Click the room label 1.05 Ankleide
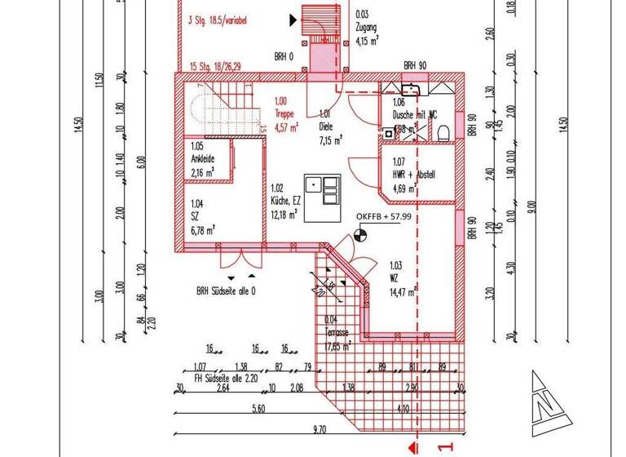point(203,154)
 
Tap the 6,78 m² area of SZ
point(202,231)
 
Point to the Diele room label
point(326,126)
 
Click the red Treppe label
point(284,115)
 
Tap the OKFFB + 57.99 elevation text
point(383,216)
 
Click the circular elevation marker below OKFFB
point(359,237)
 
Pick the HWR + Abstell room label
point(414,174)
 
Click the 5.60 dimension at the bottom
point(259,407)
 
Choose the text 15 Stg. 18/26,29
point(215,66)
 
